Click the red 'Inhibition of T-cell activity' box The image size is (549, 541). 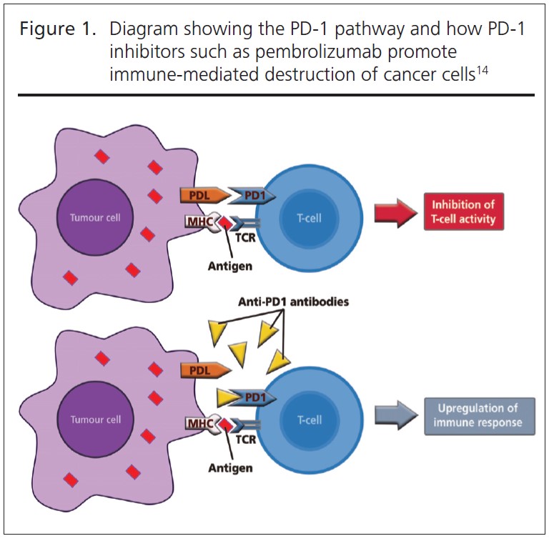coord(463,212)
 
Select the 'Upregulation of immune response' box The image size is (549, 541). coord(478,416)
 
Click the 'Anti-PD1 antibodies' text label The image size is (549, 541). coord(293,302)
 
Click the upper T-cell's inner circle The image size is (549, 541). coord(310,218)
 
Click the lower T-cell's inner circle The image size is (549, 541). coord(310,420)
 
